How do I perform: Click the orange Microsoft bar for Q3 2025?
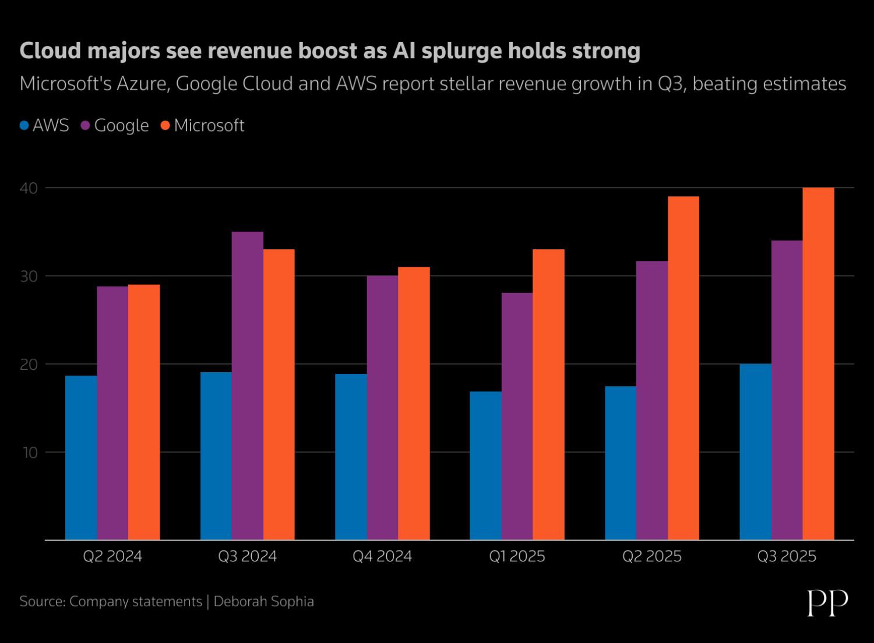coord(818,363)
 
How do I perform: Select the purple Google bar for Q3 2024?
coord(248,386)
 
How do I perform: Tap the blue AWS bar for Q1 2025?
coord(485,465)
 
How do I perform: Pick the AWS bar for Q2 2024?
coord(81,458)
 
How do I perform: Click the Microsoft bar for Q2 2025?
coord(683,368)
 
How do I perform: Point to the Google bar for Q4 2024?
coord(382,408)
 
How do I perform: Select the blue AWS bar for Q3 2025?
coord(755,452)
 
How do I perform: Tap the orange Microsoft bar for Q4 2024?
coord(414,403)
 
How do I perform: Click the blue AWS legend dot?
coord(24,125)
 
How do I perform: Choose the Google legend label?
coord(121,125)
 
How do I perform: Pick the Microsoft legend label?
coord(209,125)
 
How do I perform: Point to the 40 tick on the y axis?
coord(29,188)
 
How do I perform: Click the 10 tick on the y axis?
coord(30,453)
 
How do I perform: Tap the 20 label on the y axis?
coord(29,365)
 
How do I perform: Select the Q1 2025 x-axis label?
coord(517,556)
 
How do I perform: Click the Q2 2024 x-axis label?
coord(112,556)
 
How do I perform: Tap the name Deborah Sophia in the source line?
coord(263,601)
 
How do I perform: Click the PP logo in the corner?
coord(827,602)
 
